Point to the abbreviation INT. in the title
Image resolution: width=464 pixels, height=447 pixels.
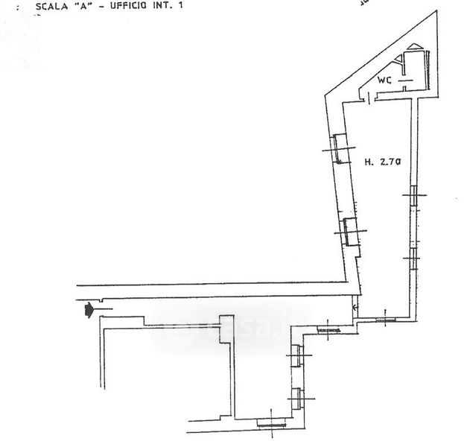162,5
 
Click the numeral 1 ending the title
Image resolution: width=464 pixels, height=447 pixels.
180,5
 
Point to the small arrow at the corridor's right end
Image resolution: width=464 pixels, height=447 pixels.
355,306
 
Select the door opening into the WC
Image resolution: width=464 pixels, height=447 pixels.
370,96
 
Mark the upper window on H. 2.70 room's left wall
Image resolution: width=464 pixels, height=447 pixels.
339,149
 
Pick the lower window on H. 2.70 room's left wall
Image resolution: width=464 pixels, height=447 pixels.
349,232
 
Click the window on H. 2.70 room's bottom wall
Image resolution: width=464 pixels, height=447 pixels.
385,320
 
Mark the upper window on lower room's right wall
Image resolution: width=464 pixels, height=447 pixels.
297,357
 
